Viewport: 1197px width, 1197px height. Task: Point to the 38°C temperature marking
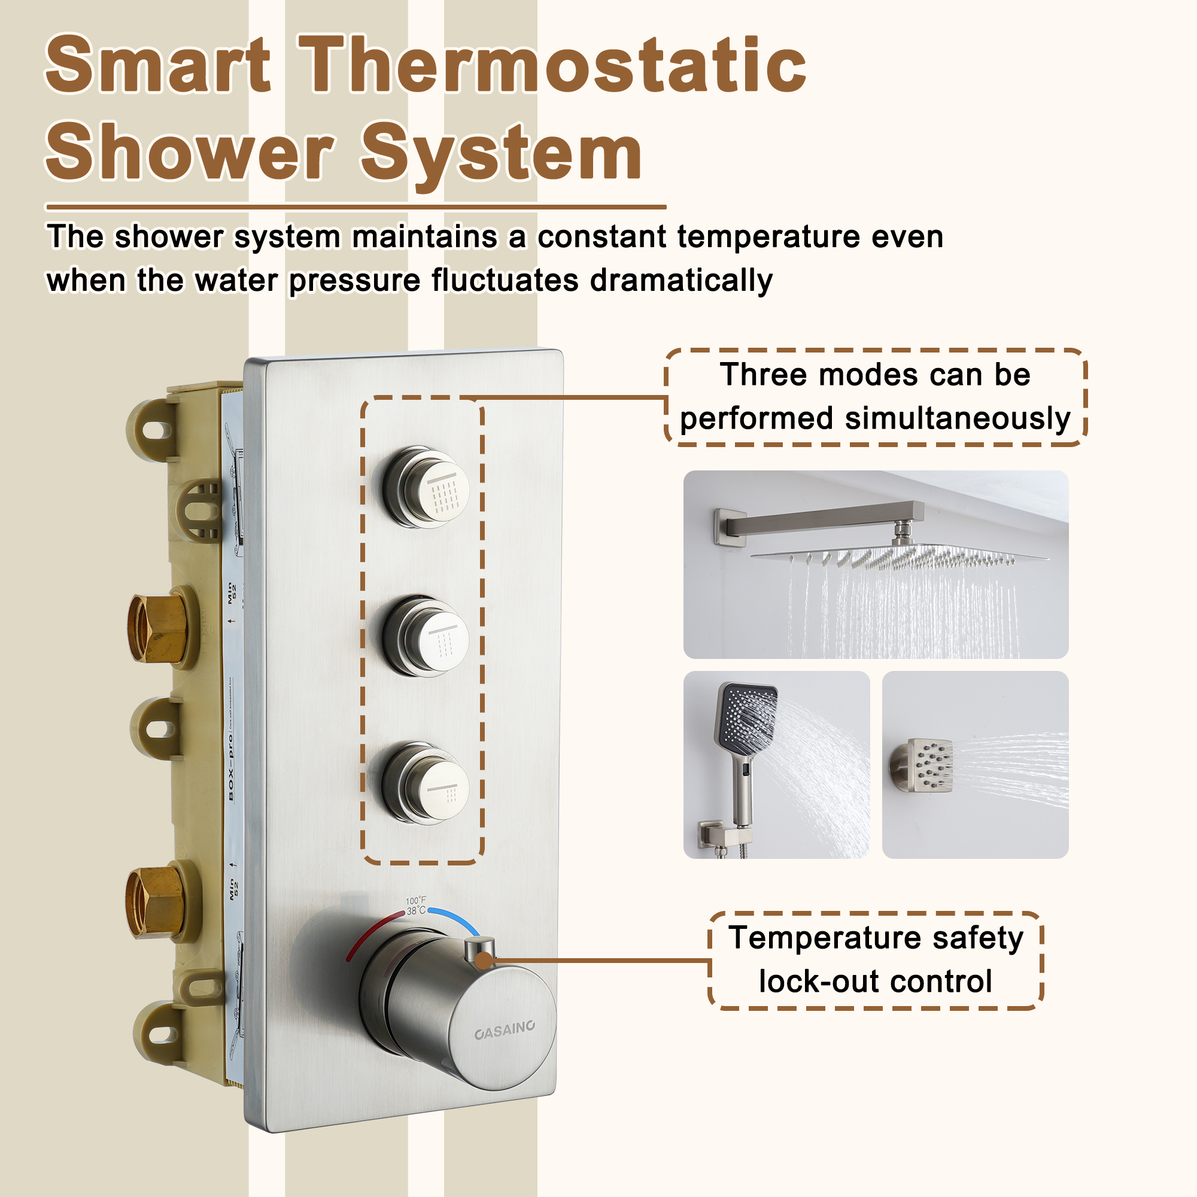click(416, 911)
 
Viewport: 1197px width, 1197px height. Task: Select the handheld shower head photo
click(776, 764)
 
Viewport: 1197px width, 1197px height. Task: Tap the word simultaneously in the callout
click(958, 419)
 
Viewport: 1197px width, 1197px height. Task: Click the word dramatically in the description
click(681, 280)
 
